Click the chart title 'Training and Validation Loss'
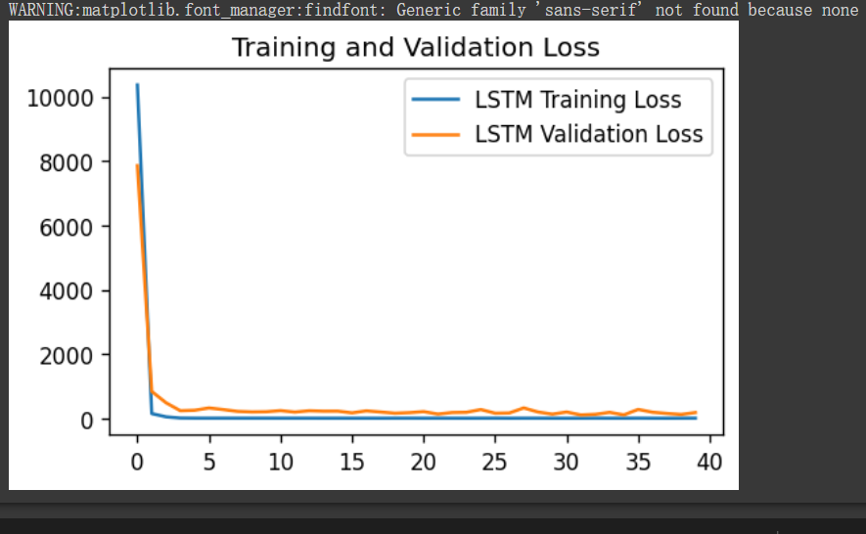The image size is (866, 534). click(x=415, y=48)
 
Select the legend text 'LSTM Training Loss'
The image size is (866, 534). click(x=577, y=99)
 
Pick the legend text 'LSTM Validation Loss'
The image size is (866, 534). click(x=588, y=133)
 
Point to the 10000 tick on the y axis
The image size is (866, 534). click(x=61, y=98)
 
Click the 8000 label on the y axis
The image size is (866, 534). click(x=66, y=162)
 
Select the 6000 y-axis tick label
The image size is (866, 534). click(x=66, y=227)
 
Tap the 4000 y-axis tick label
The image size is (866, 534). click(x=66, y=291)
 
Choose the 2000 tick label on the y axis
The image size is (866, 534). click(x=66, y=355)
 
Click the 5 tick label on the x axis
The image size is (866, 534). click(x=208, y=461)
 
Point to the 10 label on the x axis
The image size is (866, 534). click(x=281, y=461)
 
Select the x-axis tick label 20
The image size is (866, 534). click(x=424, y=461)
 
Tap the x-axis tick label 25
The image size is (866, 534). click(x=495, y=461)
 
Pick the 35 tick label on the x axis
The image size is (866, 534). click(x=638, y=461)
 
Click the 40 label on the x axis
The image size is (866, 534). click(x=709, y=461)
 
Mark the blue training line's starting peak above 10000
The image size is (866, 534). click(x=137, y=85)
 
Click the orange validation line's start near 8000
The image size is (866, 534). click(x=137, y=165)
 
